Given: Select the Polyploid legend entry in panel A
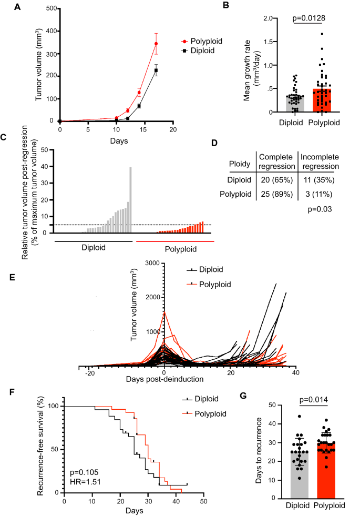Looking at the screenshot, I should [x=208, y=41].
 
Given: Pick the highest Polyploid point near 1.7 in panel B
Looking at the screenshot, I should [x=321, y=34].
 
